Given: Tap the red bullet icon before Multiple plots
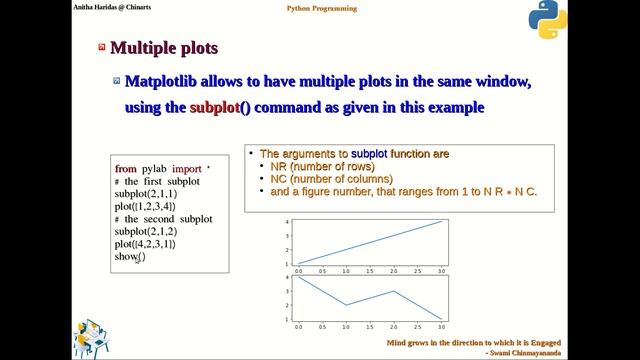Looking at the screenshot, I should coord(102,47).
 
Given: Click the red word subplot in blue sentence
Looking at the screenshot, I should coord(215,106).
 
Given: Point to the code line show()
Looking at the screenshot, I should coord(129,257).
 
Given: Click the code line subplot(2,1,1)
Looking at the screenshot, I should coord(145,194).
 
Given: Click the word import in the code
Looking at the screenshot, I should coord(186,169).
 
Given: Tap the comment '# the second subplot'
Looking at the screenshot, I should coord(164,219).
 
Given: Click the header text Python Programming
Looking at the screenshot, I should coord(319,8).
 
